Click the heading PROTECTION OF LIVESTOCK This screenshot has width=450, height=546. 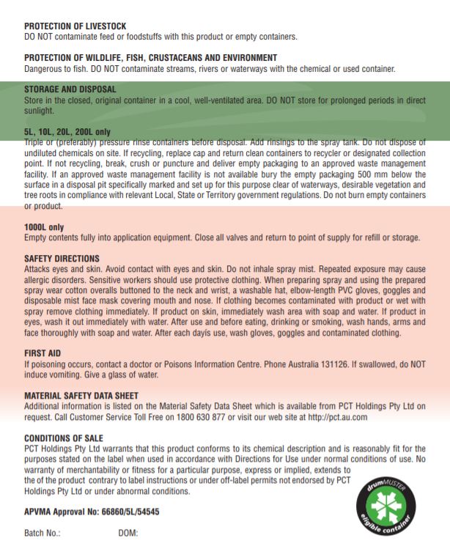pyautogui.click(x=73, y=25)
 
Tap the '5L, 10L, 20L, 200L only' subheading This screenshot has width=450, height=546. pyautogui.click(x=67, y=131)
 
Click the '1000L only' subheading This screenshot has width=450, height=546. pyautogui.click(x=44, y=228)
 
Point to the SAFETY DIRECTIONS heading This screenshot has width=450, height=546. pyautogui.click(x=62, y=259)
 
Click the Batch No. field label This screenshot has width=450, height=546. pyautogui.click(x=42, y=533)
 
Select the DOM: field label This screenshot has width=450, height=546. pyautogui.click(x=128, y=533)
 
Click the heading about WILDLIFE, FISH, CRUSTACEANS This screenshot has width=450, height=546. pyautogui.click(x=150, y=57)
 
